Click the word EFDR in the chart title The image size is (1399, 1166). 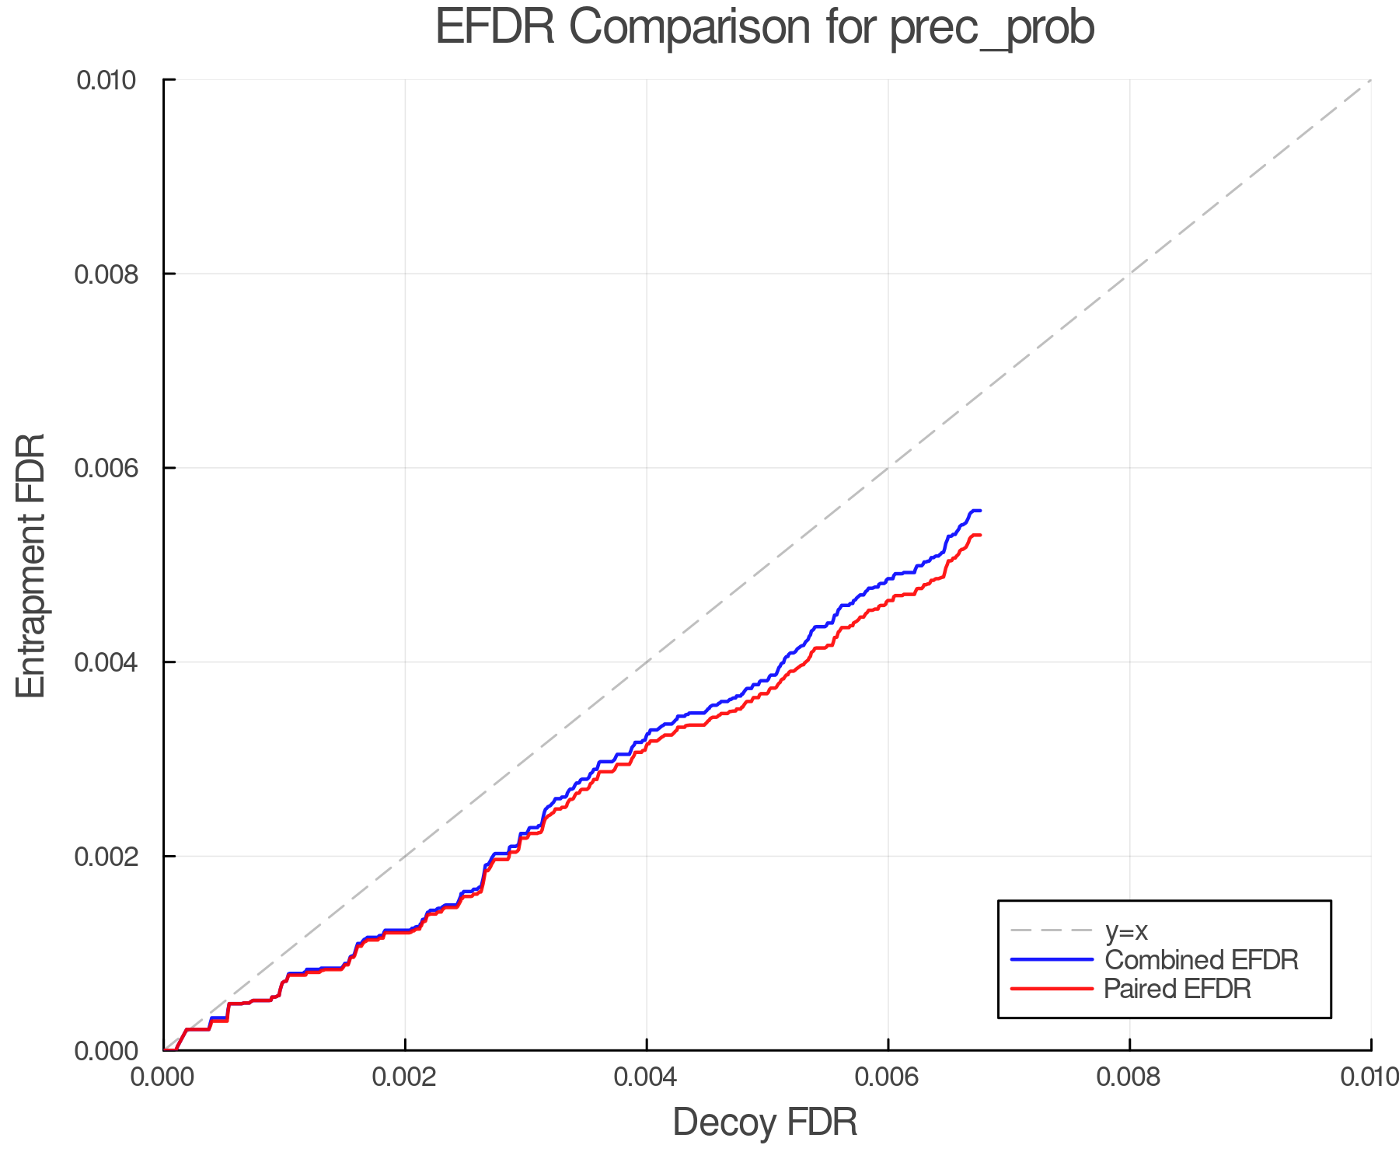coord(495,27)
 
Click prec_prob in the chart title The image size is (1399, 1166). coord(992,29)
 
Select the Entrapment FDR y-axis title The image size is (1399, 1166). coord(31,565)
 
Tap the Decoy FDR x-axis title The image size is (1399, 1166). coord(765,1122)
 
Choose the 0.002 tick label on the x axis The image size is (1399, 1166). coord(405,1077)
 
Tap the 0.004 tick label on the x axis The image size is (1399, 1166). coord(647,1077)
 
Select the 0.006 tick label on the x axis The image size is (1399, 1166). coord(888,1077)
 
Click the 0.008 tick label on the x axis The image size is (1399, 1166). coord(1129,1077)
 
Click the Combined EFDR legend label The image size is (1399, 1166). coord(1202,960)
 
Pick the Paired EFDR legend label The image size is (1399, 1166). coord(1177,989)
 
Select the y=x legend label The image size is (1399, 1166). coord(1126,930)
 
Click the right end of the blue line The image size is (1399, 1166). coord(980,511)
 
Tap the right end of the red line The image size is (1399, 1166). coord(980,535)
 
